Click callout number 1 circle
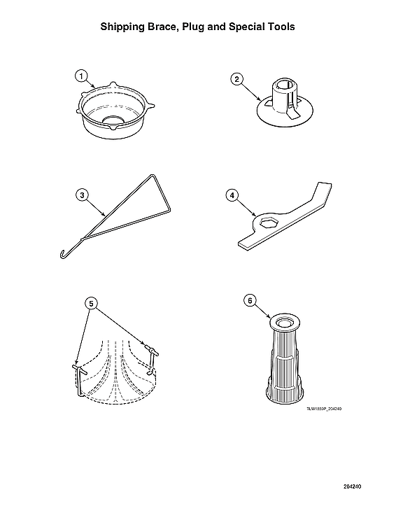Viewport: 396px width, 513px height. tap(82, 76)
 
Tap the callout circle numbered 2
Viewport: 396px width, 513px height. tap(237, 79)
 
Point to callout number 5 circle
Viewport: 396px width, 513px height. tap(90, 303)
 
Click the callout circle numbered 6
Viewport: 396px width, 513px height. tap(248, 300)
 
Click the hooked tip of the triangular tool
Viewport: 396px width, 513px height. tap(62, 253)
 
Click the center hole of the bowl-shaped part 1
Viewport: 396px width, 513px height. tap(112, 120)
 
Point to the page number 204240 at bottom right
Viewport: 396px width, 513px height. tap(352, 486)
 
